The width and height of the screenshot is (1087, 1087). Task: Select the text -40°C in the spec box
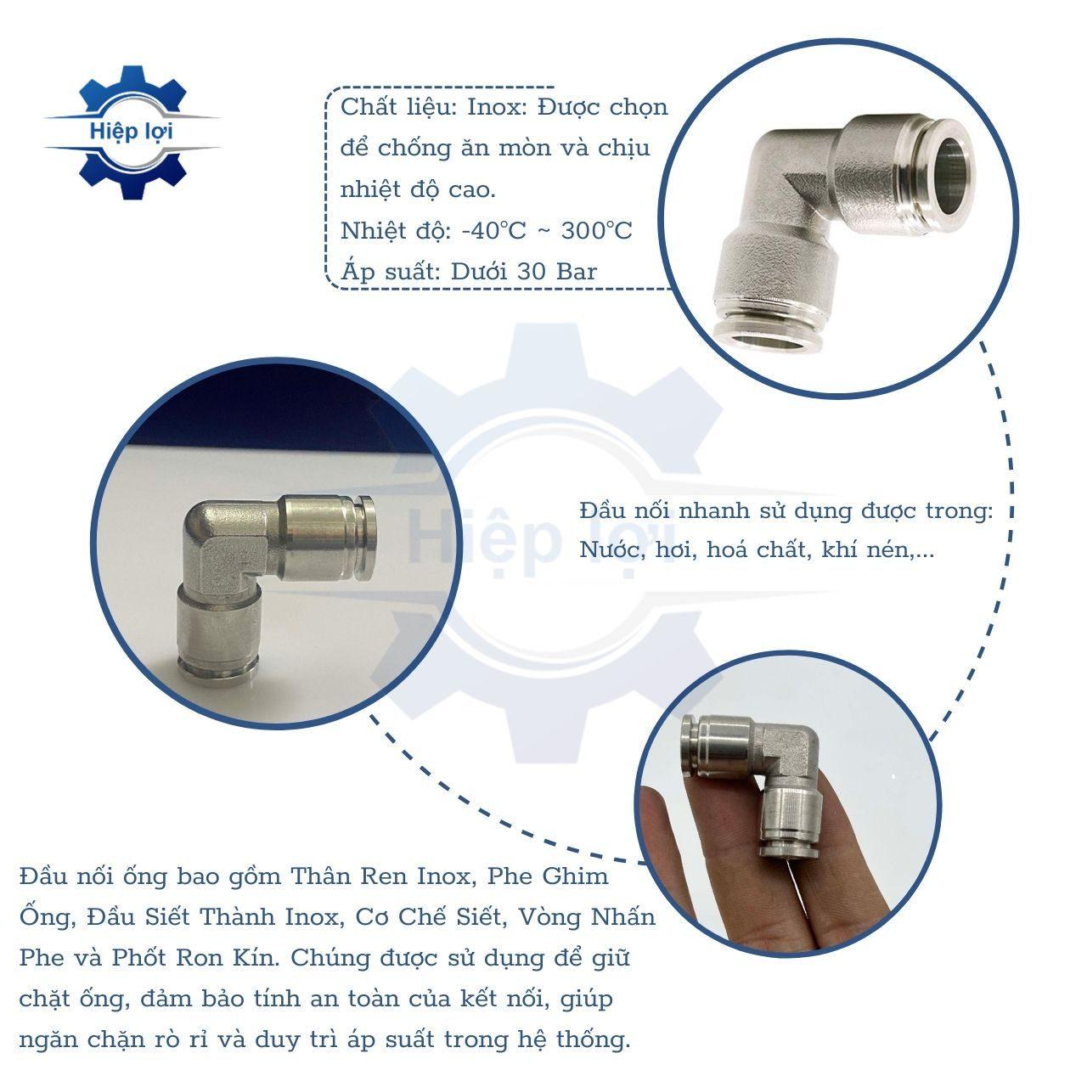click(x=493, y=230)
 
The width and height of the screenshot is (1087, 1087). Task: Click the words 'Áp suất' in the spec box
click(x=391, y=271)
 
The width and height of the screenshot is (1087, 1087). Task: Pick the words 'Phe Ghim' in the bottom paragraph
click(x=547, y=876)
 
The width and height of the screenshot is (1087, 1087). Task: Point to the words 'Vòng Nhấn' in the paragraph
click(x=586, y=917)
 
